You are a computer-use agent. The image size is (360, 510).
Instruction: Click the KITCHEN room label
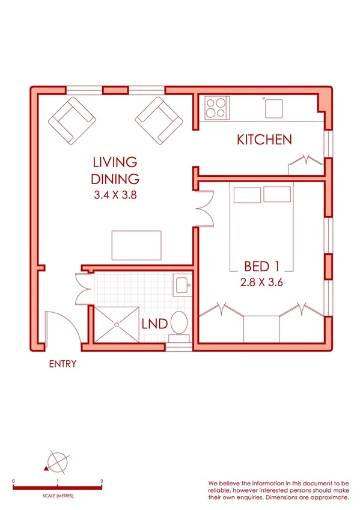coord(264,140)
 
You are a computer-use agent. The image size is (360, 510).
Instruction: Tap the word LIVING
coord(115,162)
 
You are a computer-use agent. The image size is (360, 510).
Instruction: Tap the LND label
coord(154,324)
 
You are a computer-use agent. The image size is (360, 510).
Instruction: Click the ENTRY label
coord(63,364)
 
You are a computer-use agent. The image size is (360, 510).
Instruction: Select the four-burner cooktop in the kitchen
coord(216,108)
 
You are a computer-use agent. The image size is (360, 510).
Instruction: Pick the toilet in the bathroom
coord(179,323)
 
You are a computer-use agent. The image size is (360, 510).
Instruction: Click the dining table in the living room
coord(136,244)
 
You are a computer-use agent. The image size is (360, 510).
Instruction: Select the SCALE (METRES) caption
coord(58,496)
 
